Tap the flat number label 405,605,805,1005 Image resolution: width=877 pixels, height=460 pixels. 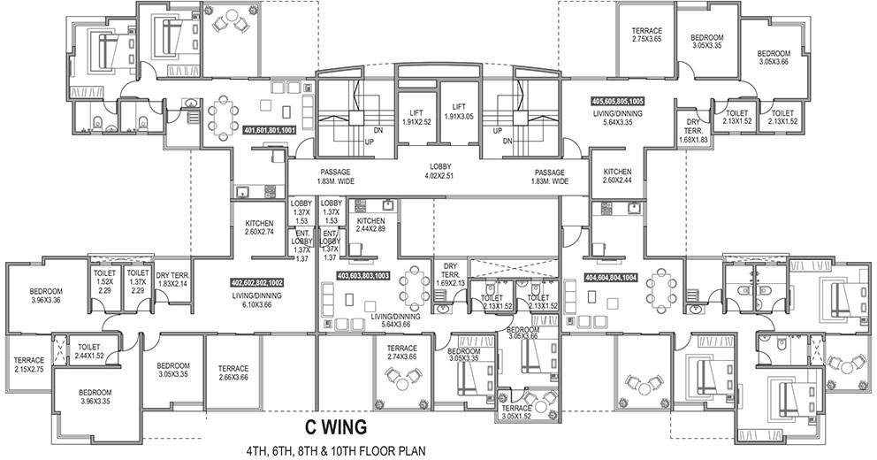click(619, 103)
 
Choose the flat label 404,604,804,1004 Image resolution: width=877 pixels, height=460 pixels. click(611, 275)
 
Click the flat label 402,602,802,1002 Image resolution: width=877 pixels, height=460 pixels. click(256, 281)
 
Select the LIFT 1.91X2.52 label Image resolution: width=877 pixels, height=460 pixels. click(416, 117)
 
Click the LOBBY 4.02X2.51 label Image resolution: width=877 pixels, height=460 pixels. click(439, 170)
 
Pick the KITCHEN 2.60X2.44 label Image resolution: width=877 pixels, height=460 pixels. click(617, 176)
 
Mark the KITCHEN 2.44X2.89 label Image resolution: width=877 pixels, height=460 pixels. click(371, 225)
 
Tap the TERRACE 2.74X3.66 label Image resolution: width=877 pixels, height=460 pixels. click(407, 352)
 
